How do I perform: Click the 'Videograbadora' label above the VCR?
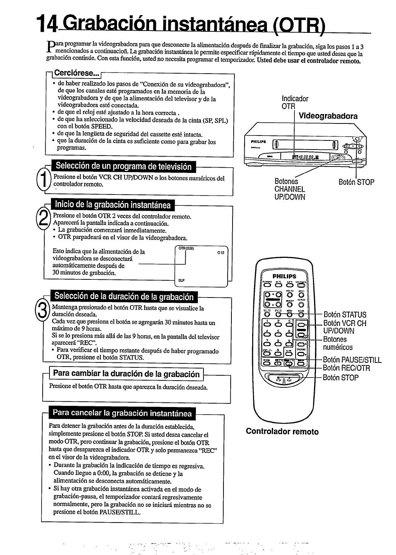[328, 116]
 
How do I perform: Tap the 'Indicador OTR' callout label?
[295, 103]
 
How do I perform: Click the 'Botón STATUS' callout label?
[345, 314]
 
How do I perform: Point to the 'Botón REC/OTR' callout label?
[347, 368]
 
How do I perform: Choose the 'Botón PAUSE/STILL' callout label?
[352, 360]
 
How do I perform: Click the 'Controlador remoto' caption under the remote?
[282, 432]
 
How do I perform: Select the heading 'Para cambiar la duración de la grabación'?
[126, 374]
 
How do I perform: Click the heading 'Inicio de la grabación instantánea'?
[113, 205]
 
